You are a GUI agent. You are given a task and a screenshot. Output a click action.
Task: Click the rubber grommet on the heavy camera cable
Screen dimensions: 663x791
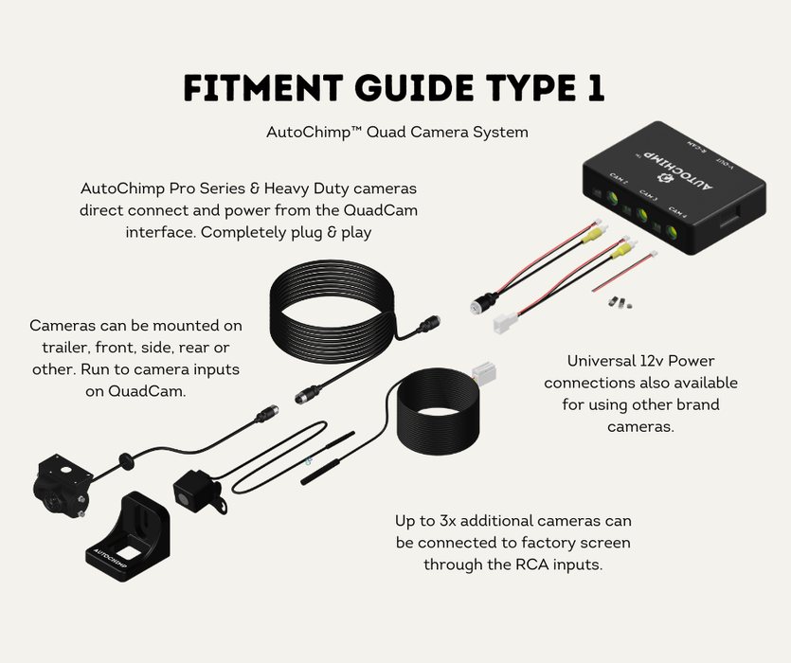(x=123, y=461)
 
